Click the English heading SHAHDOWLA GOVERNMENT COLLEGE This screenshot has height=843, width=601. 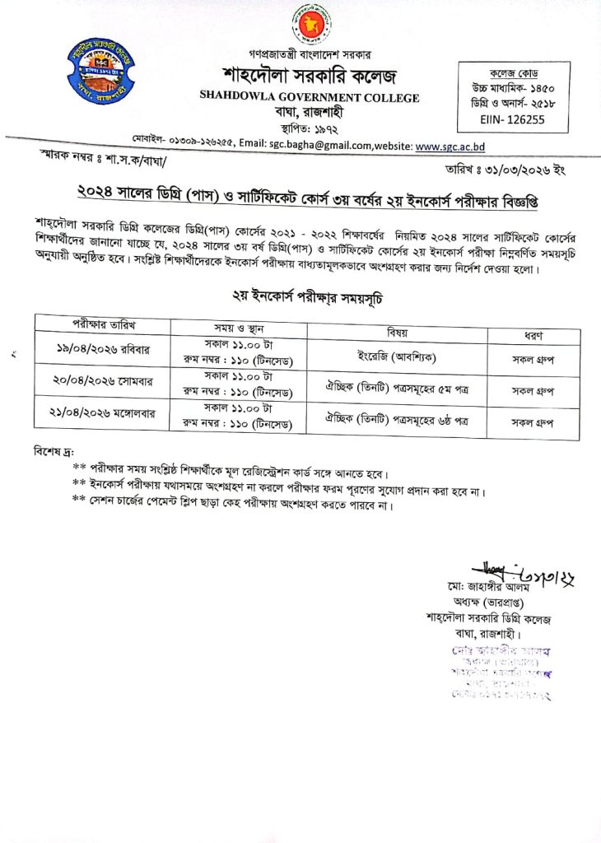click(309, 97)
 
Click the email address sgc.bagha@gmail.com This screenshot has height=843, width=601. click(315, 146)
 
